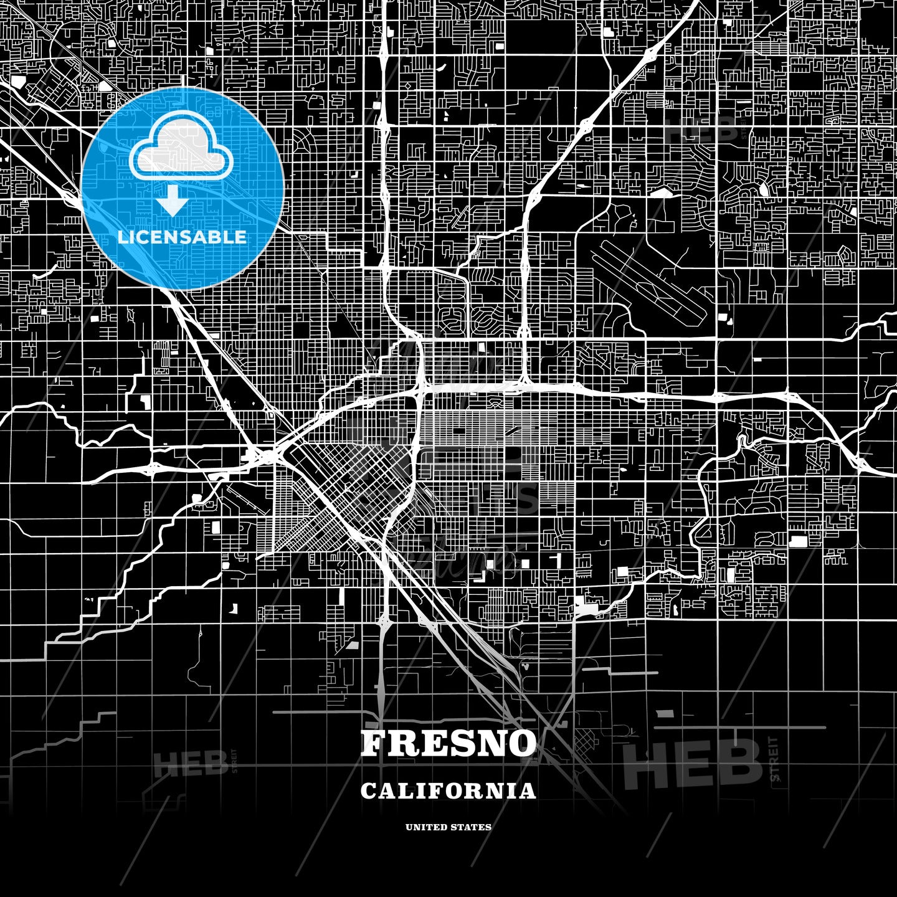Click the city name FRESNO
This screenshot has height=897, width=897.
[x=448, y=744]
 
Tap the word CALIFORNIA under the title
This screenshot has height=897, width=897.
[x=448, y=791]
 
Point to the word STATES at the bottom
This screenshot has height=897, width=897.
[x=472, y=827]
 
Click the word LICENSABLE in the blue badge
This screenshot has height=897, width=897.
[x=182, y=237]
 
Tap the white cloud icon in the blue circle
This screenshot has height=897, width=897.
[x=181, y=153]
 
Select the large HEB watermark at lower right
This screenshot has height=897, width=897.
[x=692, y=764]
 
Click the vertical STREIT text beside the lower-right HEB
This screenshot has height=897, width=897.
[x=774, y=759]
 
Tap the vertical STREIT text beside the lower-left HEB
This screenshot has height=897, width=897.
[x=235, y=761]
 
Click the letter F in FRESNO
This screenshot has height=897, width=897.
[x=374, y=744]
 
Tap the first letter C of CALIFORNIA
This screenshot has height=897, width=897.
[x=368, y=791]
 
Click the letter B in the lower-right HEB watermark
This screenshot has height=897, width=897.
[x=741, y=764]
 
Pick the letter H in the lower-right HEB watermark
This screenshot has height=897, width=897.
[x=645, y=764]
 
